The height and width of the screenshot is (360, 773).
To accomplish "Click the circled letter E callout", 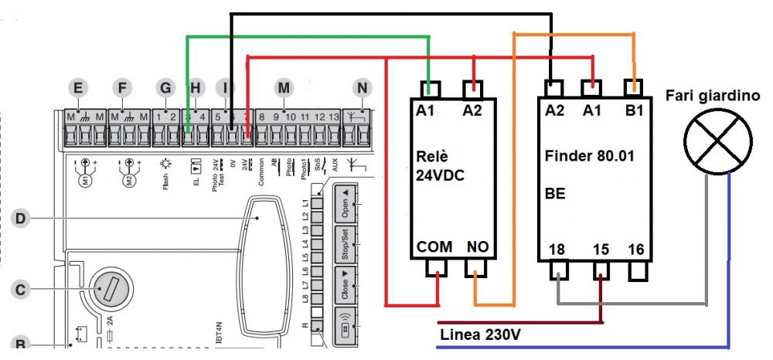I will [x=76, y=89].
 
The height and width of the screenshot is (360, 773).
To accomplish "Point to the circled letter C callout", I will [x=22, y=290].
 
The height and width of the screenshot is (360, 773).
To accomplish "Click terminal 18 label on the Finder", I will [x=557, y=250].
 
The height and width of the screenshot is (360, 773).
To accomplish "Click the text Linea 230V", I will [x=478, y=336].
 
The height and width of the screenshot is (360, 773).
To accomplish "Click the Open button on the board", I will [x=344, y=202].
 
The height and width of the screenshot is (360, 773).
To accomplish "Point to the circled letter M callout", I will [x=284, y=87].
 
